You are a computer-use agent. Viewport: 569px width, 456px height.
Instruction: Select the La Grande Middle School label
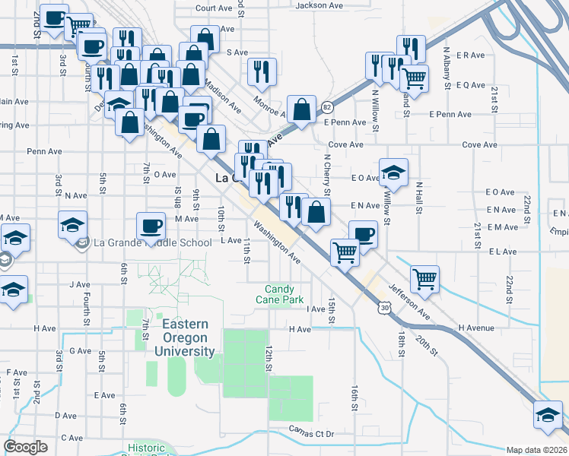coord(151,243)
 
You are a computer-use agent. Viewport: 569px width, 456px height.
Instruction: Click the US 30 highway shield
coord(386,307)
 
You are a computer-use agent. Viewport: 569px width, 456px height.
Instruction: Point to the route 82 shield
coord(326,107)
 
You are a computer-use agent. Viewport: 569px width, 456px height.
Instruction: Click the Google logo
coord(25,446)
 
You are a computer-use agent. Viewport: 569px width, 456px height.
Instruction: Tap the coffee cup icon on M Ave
coord(150,225)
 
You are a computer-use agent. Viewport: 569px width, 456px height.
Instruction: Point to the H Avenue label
coord(476,328)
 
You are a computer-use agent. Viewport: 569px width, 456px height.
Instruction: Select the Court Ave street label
coord(213,8)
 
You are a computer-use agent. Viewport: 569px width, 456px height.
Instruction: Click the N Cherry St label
coord(326,169)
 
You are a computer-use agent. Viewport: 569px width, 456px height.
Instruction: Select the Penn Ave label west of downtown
coord(44,151)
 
